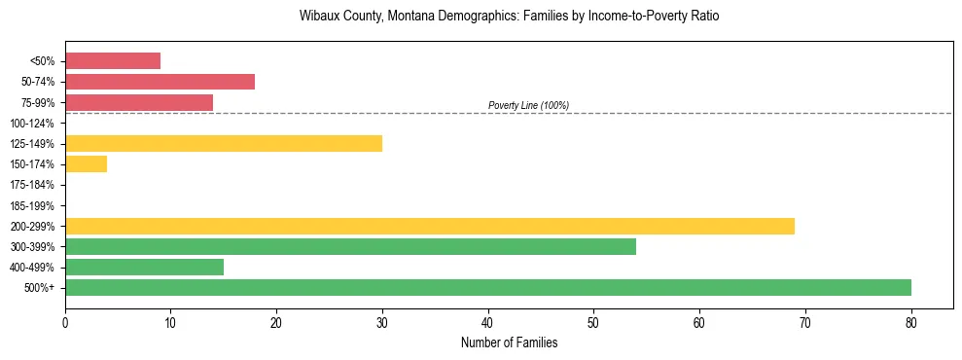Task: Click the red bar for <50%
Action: pyautogui.click(x=113, y=61)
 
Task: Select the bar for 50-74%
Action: pyautogui.click(x=160, y=82)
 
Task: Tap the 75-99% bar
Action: pyautogui.click(x=139, y=102)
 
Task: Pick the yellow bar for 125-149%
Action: pyautogui.click(x=224, y=144)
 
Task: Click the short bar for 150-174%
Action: pyautogui.click(x=86, y=164)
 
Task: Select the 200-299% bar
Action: pyautogui.click(x=430, y=226)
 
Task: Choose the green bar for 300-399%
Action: pyautogui.click(x=350, y=246)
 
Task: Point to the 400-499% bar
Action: pyautogui.click(x=144, y=267)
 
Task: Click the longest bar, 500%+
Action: pyautogui.click(x=488, y=287)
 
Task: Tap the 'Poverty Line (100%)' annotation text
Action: pyautogui.click(x=528, y=105)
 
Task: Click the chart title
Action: pyautogui.click(x=509, y=17)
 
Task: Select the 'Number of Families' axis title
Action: pyautogui.click(x=509, y=343)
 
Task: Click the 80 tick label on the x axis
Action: pyautogui.click(x=911, y=323)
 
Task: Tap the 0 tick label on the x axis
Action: pyautogui.click(x=65, y=323)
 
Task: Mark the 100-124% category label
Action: pyautogui.click(x=32, y=124)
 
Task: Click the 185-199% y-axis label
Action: pyautogui.click(x=32, y=205)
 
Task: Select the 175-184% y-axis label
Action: pyautogui.click(x=32, y=185)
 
